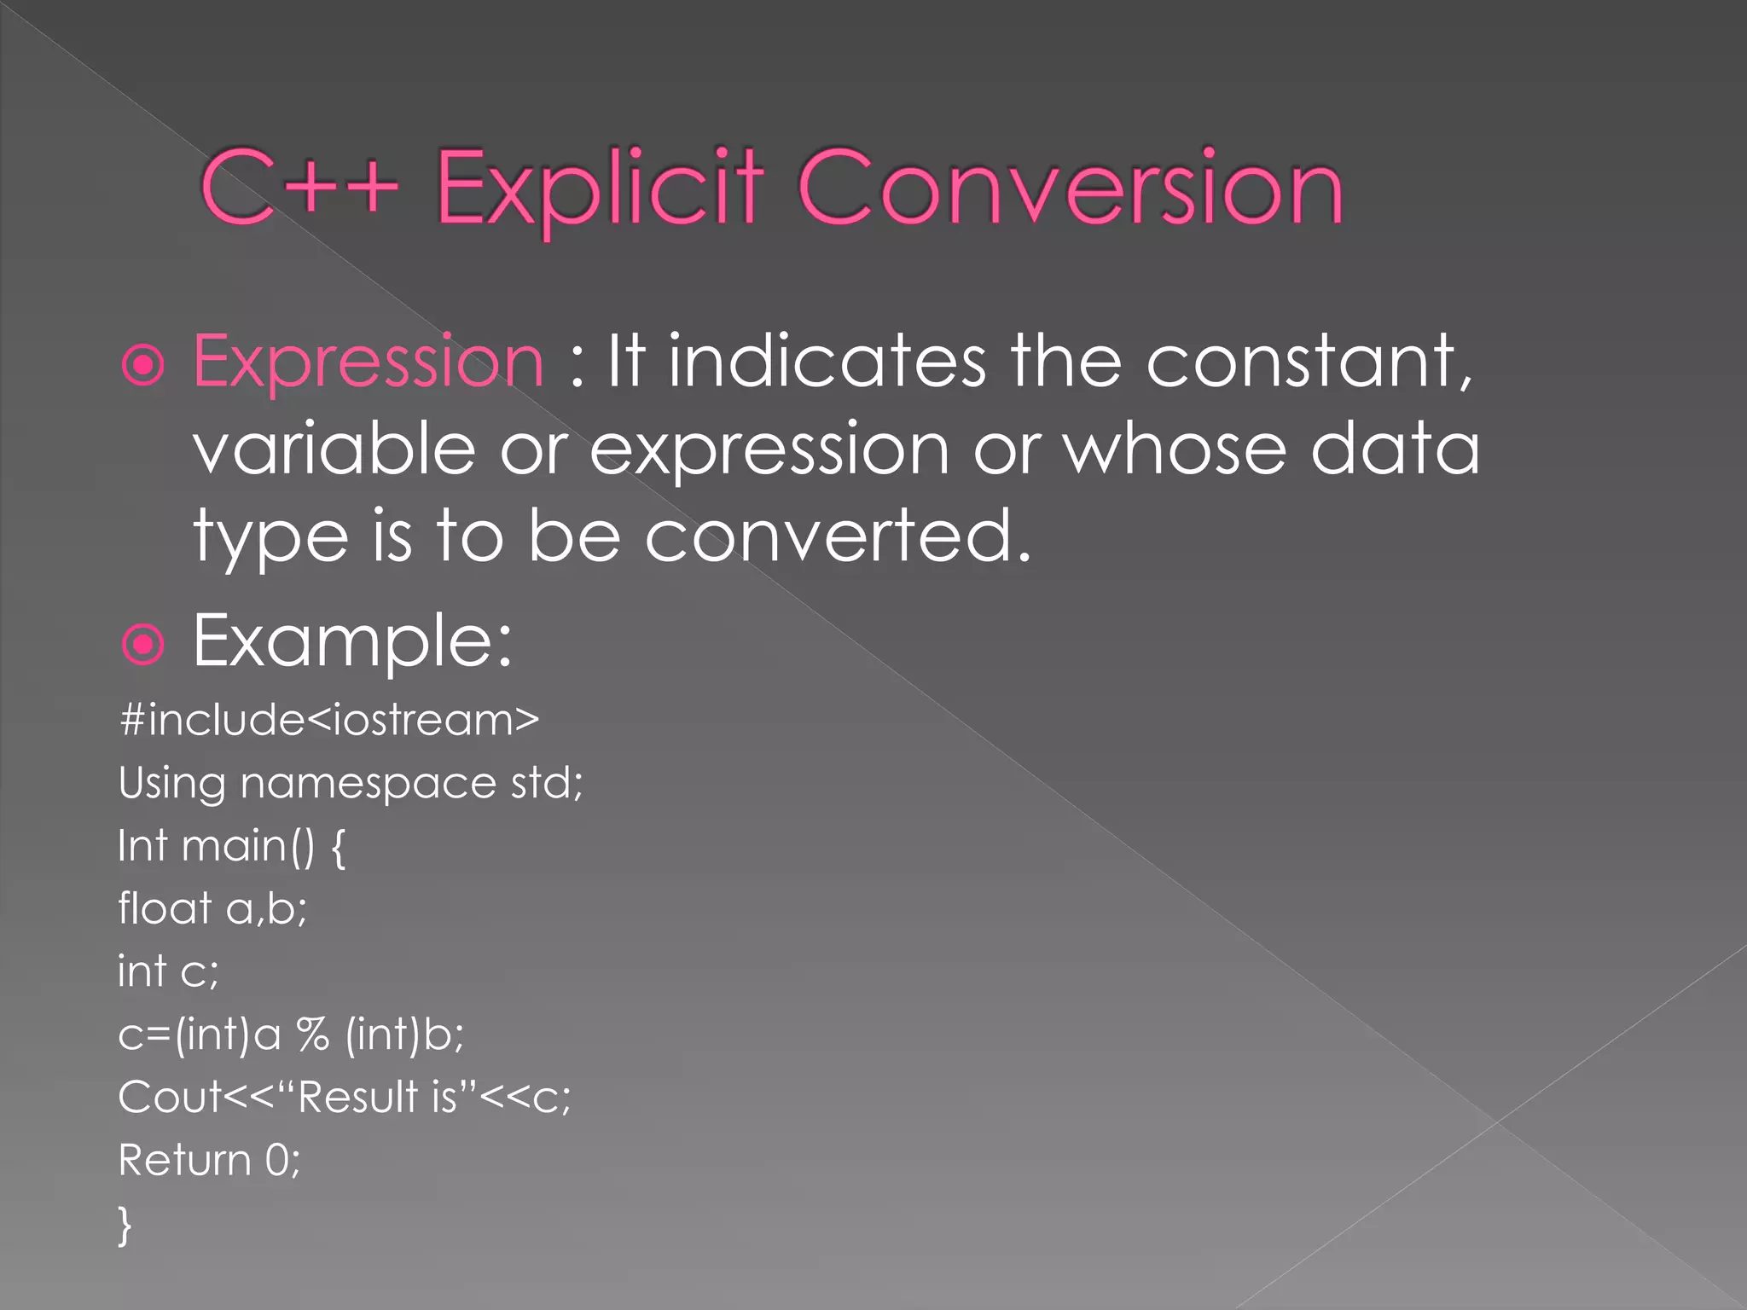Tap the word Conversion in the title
[1070, 188]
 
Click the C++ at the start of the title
[299, 188]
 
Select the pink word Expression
[368, 362]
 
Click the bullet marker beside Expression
[143, 366]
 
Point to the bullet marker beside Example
[143, 644]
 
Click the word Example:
[352, 641]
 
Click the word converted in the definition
[837, 536]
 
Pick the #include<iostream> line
[329, 720]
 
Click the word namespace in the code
[368, 783]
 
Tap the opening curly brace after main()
[338, 847]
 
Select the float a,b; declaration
[212, 908]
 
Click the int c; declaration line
[168, 971]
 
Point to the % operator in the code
[313, 1035]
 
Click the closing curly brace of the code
[125, 1225]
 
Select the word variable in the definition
[334, 449]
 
